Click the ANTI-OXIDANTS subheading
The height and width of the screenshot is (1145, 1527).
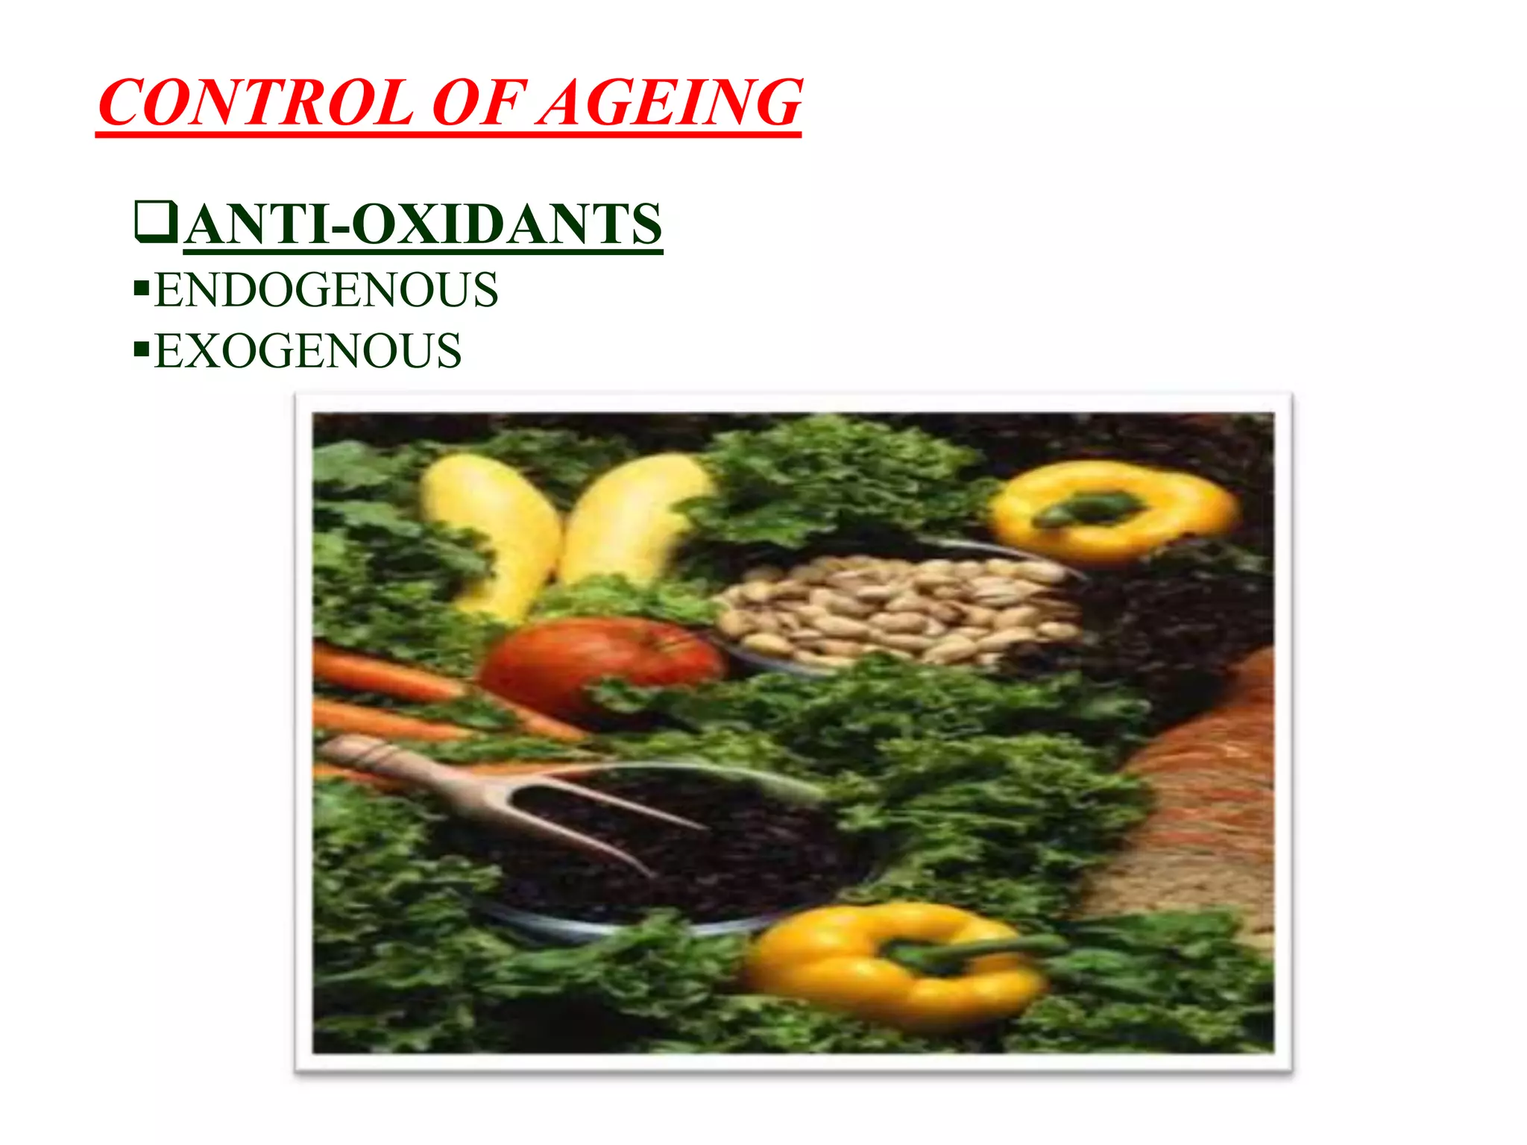pyautogui.click(x=424, y=224)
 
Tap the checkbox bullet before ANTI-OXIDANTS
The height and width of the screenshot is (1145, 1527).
pyautogui.click(x=156, y=222)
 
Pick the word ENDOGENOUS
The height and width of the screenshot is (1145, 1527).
pyautogui.click(x=326, y=290)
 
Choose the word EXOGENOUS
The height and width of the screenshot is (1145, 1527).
pyautogui.click(x=307, y=351)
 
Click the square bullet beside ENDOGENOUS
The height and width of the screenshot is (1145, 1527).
pyautogui.click(x=141, y=288)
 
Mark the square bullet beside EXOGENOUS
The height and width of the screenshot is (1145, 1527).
pyautogui.click(x=141, y=349)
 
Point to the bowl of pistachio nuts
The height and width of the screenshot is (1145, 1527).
pyautogui.click(x=895, y=608)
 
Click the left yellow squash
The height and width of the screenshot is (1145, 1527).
pyautogui.click(x=496, y=529)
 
